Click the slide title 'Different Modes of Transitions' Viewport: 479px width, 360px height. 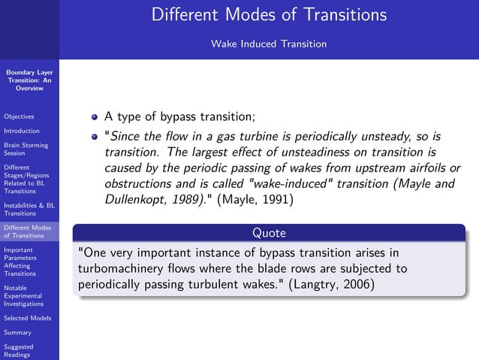269,15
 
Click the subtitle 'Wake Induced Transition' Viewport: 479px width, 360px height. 269,44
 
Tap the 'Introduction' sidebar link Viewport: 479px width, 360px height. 21,131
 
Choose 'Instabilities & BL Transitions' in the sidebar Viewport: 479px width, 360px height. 29,209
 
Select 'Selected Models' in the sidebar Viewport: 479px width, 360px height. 27,318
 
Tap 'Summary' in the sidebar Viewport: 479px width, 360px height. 17,332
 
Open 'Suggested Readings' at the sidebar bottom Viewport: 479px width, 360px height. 19,351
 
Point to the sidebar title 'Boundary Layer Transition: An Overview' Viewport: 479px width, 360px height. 29,80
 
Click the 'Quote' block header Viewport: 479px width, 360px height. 269,233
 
